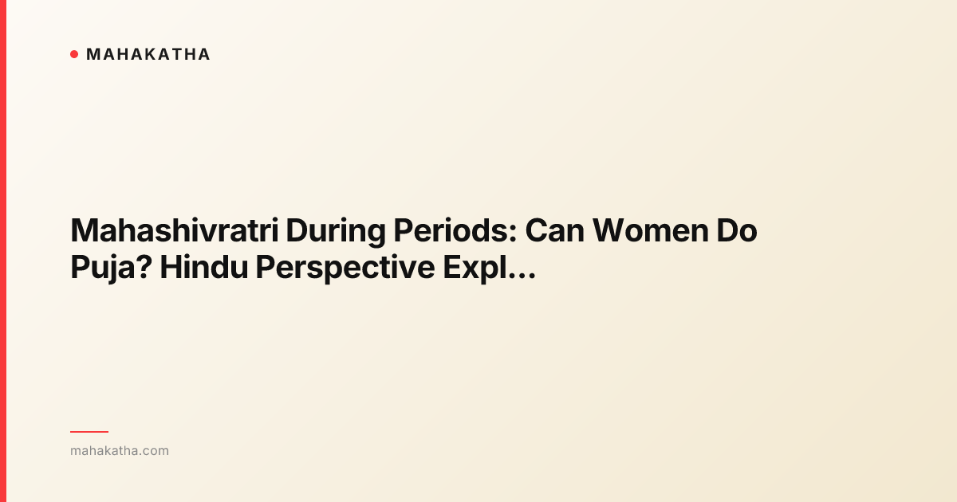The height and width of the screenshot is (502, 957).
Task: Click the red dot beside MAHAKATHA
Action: coord(74,54)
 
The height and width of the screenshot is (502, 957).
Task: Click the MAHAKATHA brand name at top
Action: coord(148,54)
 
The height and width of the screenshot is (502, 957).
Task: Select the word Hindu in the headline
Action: coord(203,269)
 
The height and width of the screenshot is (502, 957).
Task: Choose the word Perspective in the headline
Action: coord(344,269)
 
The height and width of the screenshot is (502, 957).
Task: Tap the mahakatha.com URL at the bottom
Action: coord(120,451)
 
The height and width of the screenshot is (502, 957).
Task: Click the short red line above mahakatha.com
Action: coord(89,432)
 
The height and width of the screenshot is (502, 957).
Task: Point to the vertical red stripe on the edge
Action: coord(3,251)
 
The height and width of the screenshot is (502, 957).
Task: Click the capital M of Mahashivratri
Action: coord(85,232)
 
